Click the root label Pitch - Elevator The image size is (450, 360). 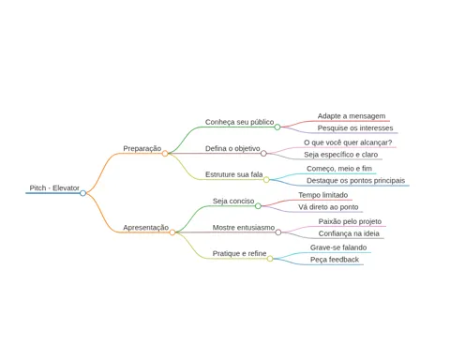pyautogui.click(x=54, y=187)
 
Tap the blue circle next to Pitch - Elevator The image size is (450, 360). pyautogui.click(x=82, y=193)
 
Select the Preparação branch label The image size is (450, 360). pyautogui.click(x=142, y=148)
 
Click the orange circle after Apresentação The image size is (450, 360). pyautogui.click(x=172, y=232)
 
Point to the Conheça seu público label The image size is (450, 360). pyautogui.click(x=239, y=122)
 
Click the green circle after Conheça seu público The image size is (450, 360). pyautogui.click(x=277, y=127)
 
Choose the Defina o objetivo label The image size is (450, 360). pyautogui.click(x=232, y=148)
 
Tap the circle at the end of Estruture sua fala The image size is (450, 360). pyautogui.click(x=266, y=180)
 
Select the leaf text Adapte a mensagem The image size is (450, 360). pyautogui.click(x=352, y=116)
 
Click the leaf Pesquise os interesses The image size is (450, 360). pyautogui.click(x=355, y=128)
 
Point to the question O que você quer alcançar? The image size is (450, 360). pyautogui.click(x=348, y=142)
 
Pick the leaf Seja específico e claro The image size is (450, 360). pyautogui.click(x=341, y=155)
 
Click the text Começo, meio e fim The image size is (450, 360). pyautogui.click(x=339, y=169)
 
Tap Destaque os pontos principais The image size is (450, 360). pyautogui.click(x=355, y=181)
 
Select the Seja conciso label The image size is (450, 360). pyautogui.click(x=233, y=201)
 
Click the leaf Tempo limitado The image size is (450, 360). pyautogui.click(x=323, y=195)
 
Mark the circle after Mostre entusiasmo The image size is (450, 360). pyautogui.click(x=278, y=232)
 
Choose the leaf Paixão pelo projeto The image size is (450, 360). pyautogui.click(x=350, y=221)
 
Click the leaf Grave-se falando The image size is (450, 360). pyautogui.click(x=338, y=247)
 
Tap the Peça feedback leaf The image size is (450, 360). pyautogui.click(x=335, y=260)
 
